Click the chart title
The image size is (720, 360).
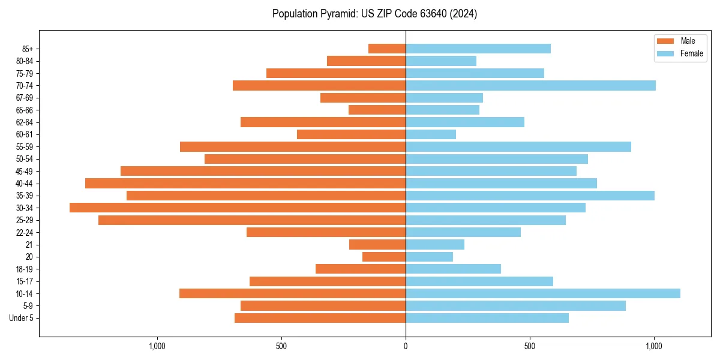[374, 14]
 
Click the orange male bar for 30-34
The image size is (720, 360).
[238, 208]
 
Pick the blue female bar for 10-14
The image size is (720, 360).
[543, 293]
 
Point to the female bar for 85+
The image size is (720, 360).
[478, 49]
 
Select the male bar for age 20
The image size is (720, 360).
[384, 257]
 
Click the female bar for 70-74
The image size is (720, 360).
[530, 85]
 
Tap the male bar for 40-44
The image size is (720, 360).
[245, 183]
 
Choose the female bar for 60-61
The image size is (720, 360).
[431, 134]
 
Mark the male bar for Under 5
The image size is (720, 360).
[320, 318]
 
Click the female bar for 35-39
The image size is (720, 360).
[530, 196]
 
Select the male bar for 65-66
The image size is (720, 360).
[377, 110]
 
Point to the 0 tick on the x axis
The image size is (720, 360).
[406, 346]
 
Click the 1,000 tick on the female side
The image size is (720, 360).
[654, 346]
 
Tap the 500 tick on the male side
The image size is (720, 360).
[281, 346]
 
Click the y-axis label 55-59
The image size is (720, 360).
[25, 146]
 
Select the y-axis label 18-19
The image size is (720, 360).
[25, 269]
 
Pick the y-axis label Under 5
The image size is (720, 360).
[21, 318]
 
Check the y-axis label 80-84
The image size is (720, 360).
[25, 61]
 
